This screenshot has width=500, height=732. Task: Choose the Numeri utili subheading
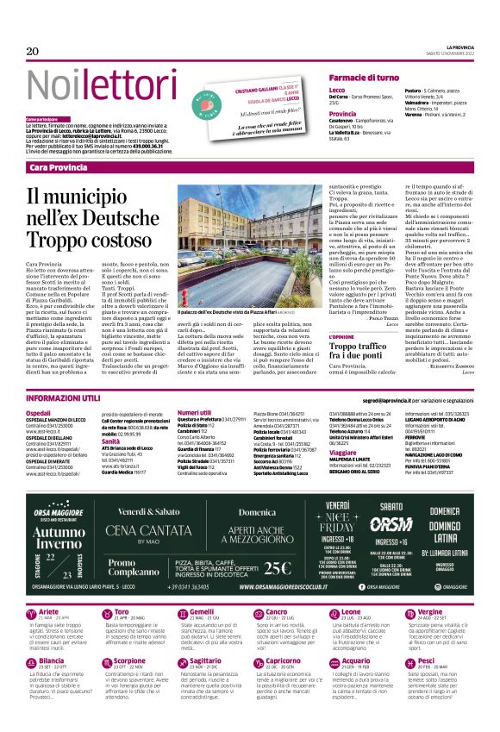[194, 414]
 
